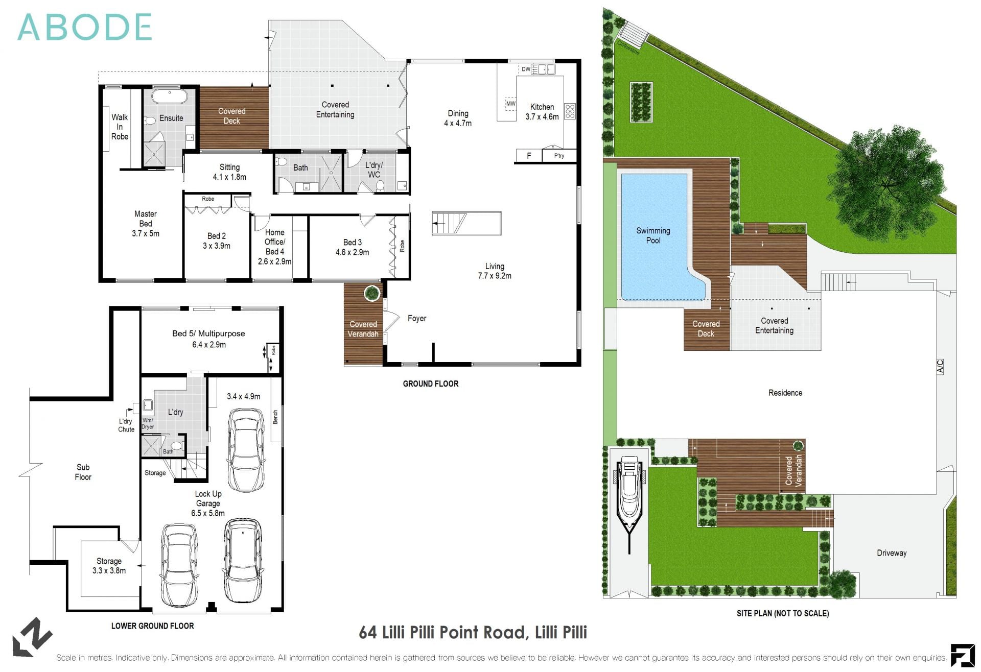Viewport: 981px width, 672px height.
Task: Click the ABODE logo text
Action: tap(85, 27)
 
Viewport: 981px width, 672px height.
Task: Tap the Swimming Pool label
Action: tap(653, 235)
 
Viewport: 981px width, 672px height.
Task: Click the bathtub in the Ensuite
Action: tap(171, 97)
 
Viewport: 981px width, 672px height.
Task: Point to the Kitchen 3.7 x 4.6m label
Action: tap(542, 112)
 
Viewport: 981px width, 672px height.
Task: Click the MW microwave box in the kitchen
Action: tap(510, 104)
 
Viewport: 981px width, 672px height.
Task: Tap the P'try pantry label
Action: tap(559, 156)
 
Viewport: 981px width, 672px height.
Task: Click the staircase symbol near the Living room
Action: tap(450, 223)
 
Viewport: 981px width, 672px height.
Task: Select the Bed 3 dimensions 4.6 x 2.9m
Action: tap(352, 252)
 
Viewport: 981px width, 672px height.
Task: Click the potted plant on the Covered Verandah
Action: tap(371, 293)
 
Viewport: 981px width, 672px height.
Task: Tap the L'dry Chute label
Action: tap(126, 425)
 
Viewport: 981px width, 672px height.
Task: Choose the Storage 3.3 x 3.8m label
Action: tap(109, 566)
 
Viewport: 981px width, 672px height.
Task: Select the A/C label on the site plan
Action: tap(940, 367)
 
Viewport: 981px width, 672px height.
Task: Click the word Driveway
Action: tap(891, 553)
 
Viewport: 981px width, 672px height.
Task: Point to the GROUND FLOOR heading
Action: tap(430, 384)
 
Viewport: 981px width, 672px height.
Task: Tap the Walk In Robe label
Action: tap(120, 127)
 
